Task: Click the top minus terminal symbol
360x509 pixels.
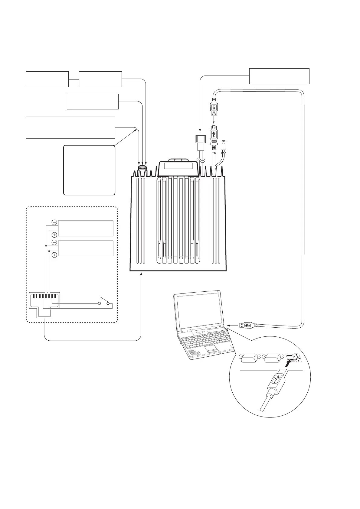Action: pos(54,222)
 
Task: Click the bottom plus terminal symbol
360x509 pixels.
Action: pos(54,255)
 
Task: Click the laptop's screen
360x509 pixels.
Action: pos(200,311)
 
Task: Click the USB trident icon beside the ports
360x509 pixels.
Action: pos(298,358)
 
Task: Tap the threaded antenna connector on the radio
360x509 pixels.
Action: pos(142,168)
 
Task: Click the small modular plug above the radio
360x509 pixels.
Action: pos(224,145)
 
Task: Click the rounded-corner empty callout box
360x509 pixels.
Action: pos(89,170)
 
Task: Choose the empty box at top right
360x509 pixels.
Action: pos(279,76)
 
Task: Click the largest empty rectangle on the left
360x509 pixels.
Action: pos(70,127)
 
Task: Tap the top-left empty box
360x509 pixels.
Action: pos(47,79)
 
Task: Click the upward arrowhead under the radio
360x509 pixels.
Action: pos(141,274)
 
